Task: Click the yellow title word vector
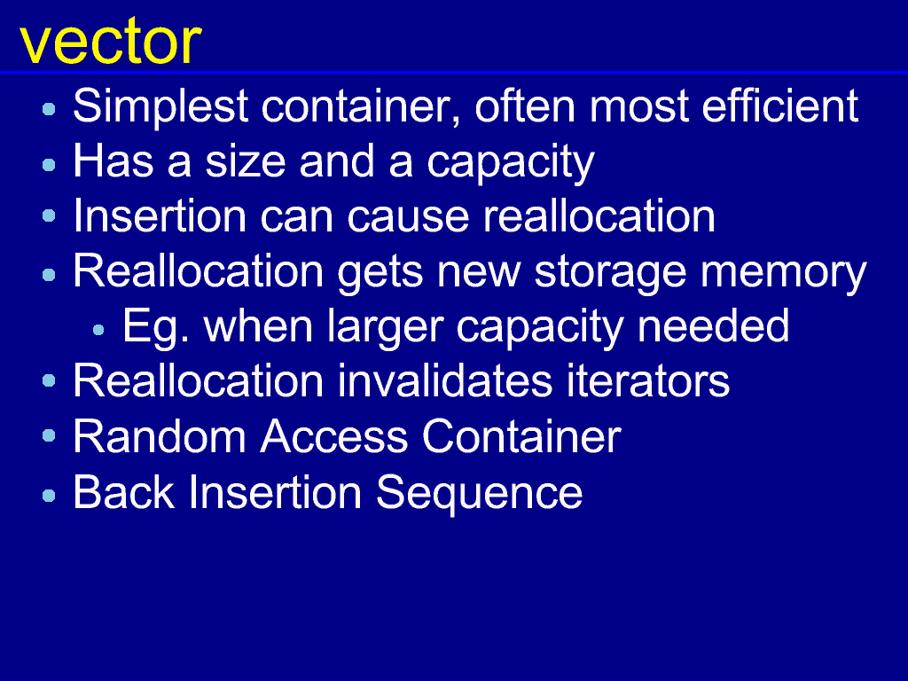(x=111, y=42)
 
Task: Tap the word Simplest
(x=161, y=107)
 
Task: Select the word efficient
(x=780, y=106)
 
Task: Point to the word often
(x=525, y=106)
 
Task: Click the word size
(x=246, y=161)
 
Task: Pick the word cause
(x=408, y=216)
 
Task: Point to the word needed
(x=713, y=325)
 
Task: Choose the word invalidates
(x=445, y=381)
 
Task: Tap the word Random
(x=160, y=436)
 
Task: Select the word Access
(x=334, y=436)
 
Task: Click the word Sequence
(x=479, y=494)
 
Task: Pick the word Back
(x=124, y=491)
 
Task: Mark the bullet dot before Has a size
(x=50, y=165)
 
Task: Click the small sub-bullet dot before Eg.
(x=98, y=330)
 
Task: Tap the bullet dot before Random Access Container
(x=50, y=435)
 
